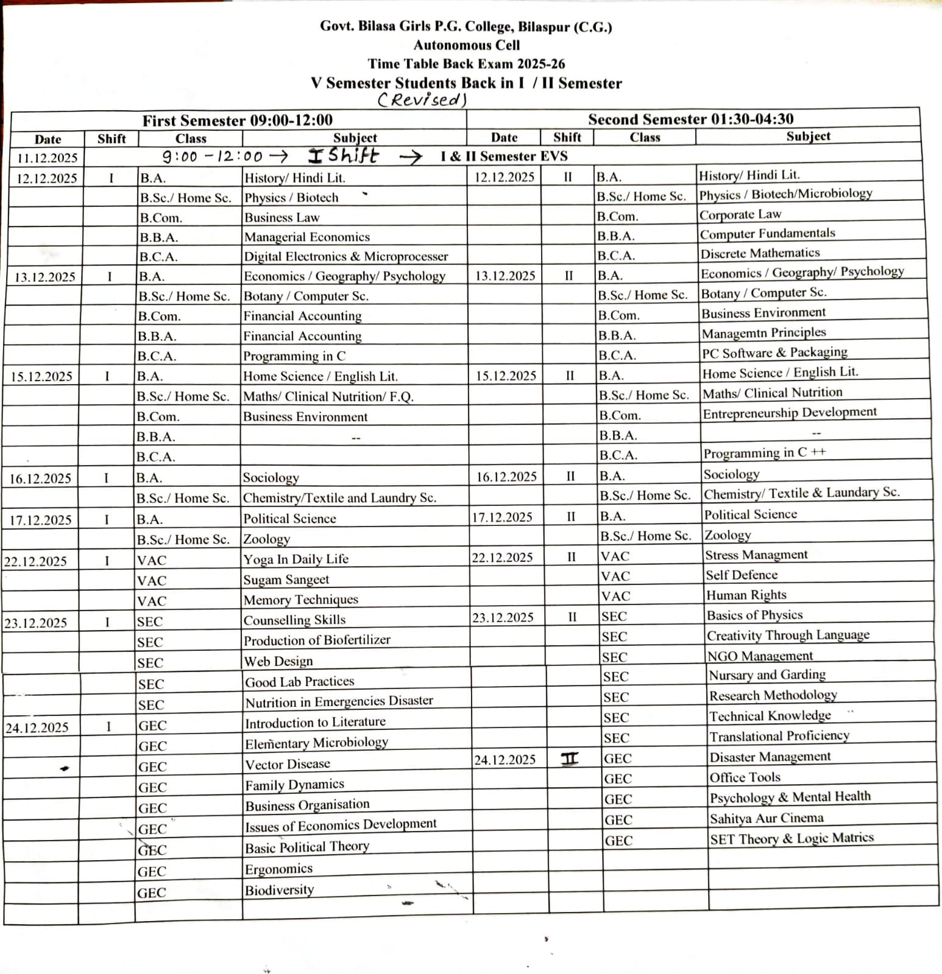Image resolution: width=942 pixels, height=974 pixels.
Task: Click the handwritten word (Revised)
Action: click(x=422, y=100)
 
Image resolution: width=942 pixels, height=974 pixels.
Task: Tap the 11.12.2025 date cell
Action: click(x=47, y=158)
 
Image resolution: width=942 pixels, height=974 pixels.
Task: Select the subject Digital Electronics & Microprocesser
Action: click(x=345, y=257)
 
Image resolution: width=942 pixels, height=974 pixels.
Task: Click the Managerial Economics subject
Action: click(x=306, y=237)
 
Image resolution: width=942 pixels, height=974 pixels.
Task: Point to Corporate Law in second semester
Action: click(x=740, y=215)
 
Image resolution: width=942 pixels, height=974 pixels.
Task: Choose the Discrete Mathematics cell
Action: click(x=759, y=253)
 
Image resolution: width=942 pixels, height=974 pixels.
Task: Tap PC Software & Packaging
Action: click(x=774, y=353)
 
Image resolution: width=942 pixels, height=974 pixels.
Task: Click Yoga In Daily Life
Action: click(x=296, y=559)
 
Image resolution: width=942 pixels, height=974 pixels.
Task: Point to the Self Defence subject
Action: click(x=741, y=575)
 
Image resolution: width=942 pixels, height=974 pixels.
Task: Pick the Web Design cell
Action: click(x=278, y=662)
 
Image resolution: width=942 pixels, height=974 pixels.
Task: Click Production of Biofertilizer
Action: click(x=316, y=640)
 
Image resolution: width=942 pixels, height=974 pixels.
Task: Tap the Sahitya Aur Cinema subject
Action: click(x=766, y=819)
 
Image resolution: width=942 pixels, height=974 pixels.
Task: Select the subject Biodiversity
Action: click(x=279, y=891)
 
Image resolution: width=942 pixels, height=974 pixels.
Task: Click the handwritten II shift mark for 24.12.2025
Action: click(x=569, y=759)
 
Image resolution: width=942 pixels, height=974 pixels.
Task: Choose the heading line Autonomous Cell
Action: click(x=466, y=45)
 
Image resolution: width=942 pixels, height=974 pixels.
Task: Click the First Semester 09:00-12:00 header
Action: click(x=237, y=121)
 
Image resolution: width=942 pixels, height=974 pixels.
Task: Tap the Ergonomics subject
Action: click(x=278, y=869)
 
